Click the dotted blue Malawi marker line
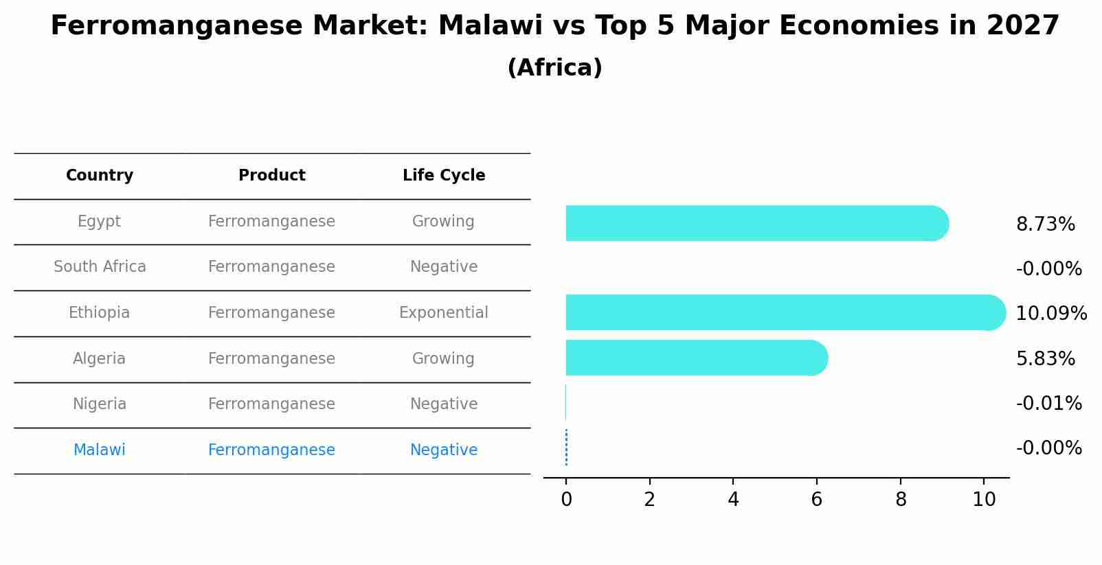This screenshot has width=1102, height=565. click(566, 448)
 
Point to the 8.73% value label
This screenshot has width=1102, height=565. click(1045, 224)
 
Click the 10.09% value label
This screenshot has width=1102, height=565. click(1050, 314)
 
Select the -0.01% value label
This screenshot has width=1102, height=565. click(1048, 404)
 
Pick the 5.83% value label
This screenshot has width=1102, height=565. click(1045, 359)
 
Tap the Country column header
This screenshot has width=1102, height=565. click(100, 176)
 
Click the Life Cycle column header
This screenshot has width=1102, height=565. click(444, 176)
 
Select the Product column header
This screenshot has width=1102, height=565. click(272, 176)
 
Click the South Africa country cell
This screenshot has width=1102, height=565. click(100, 267)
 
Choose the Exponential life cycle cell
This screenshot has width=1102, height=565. click(444, 313)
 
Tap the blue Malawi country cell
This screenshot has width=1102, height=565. click(100, 450)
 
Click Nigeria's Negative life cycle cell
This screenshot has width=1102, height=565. click(444, 404)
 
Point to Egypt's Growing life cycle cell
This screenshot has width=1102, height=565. click(443, 222)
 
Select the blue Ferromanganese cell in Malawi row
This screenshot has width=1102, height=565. click(272, 450)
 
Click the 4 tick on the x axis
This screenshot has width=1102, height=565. click(733, 500)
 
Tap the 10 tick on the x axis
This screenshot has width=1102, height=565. click(984, 500)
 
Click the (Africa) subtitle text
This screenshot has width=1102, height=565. click(554, 68)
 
